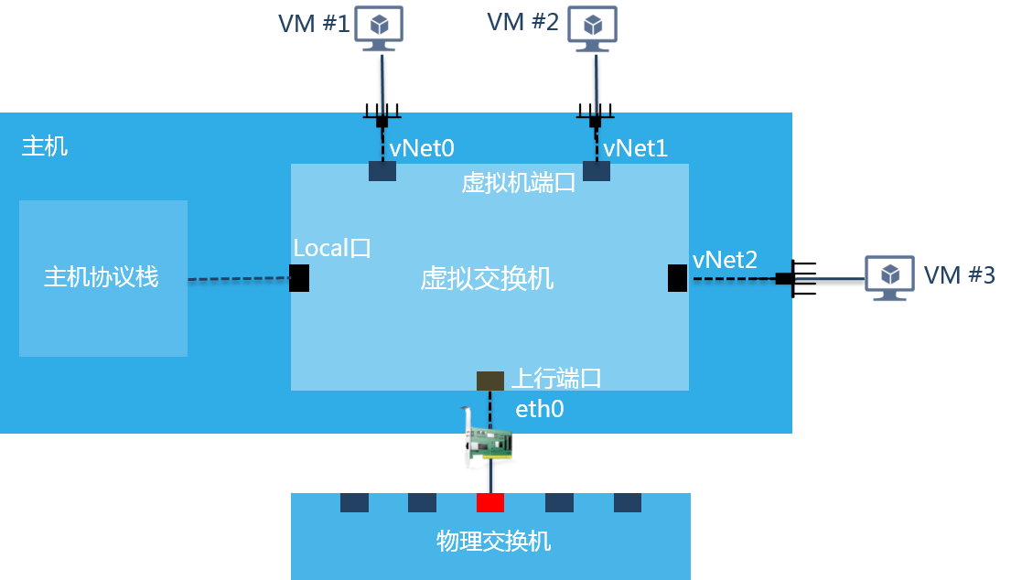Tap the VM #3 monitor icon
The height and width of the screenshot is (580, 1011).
889,276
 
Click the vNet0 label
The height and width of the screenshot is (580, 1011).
422,147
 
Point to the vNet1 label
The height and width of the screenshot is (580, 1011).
636,147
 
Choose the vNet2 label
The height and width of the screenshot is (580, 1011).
725,260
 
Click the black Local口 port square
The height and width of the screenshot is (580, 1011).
298,278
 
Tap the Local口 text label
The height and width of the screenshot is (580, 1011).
332,248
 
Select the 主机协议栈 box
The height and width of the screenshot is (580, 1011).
102,278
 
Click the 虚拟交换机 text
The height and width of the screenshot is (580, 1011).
487,278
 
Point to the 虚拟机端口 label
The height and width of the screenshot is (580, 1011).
518,182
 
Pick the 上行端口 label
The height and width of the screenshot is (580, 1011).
555,378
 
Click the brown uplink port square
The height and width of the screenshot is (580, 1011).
490,381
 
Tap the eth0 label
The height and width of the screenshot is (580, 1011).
540,409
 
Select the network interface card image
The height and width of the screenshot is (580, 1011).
487,443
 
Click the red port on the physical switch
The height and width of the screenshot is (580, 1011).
490,502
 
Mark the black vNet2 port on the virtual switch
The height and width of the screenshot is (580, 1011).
677,278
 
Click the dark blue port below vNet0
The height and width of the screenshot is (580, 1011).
382,171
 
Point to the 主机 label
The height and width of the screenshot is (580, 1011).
45,146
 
